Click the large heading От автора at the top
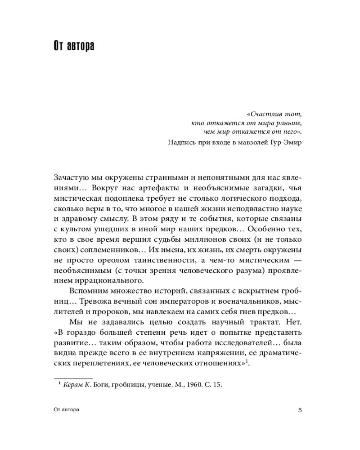pos(74,46)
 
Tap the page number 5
pos(300,410)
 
